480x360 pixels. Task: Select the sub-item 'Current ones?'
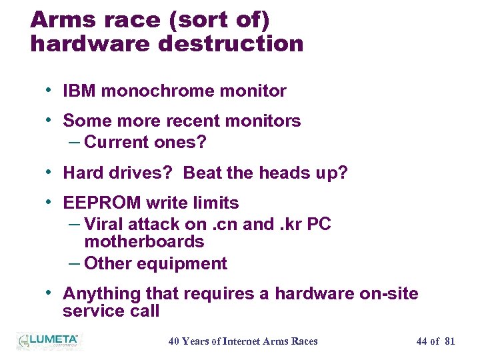click(146, 142)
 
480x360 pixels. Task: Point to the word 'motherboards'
click(144, 241)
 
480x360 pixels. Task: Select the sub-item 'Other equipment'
click(155, 263)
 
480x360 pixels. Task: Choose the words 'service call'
click(111, 311)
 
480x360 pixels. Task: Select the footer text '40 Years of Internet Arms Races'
click(243, 341)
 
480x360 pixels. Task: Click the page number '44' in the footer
click(421, 341)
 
